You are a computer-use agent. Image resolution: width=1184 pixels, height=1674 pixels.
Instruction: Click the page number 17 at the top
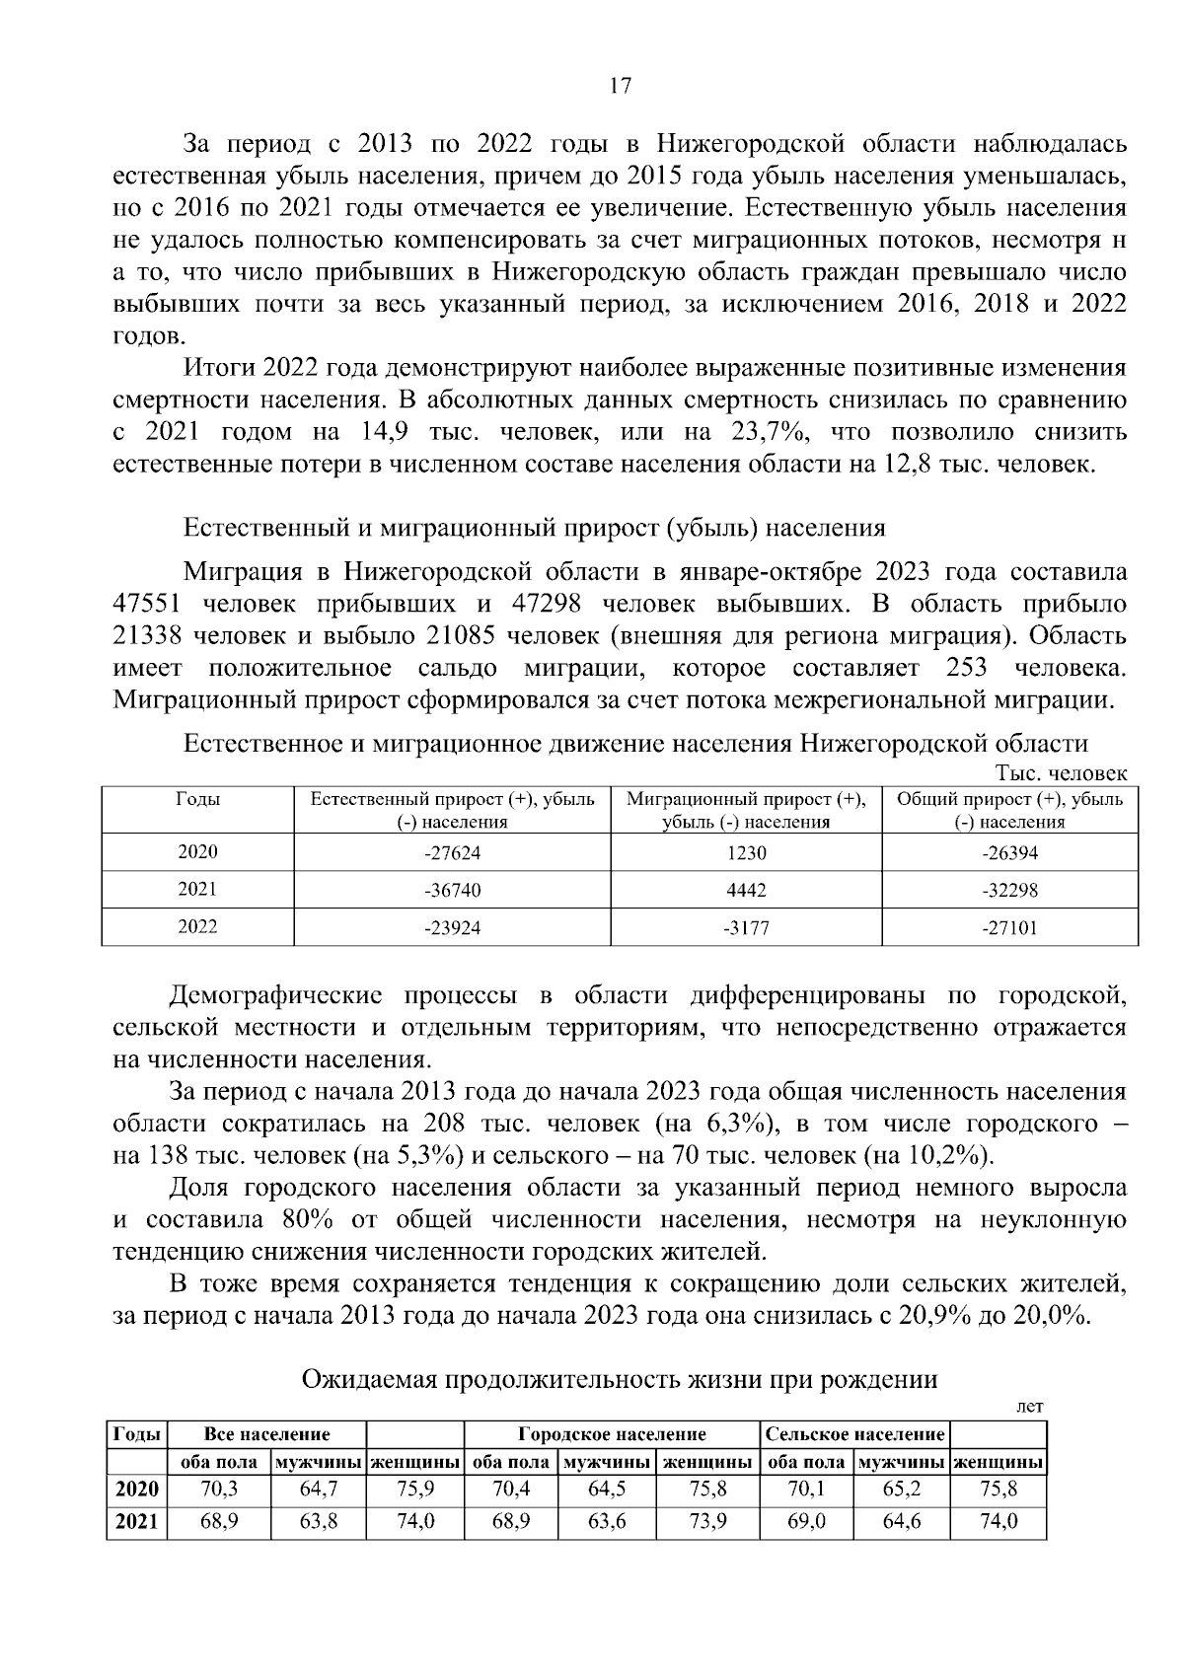tap(620, 86)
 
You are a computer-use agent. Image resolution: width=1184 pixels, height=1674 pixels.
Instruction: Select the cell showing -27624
tap(452, 853)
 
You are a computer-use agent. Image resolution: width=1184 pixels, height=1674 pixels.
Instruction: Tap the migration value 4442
tap(746, 890)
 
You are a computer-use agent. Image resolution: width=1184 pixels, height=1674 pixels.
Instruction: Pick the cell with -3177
tap(745, 927)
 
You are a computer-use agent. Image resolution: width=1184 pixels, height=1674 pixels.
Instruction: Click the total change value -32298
tap(1009, 890)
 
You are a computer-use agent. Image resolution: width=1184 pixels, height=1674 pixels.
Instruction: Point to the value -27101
tap(1009, 927)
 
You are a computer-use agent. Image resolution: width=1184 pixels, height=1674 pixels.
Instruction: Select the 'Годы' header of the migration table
tap(197, 800)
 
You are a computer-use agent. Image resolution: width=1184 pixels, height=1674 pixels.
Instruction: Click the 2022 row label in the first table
tap(197, 926)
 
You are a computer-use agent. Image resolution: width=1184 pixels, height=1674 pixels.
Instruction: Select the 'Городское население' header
tap(612, 1433)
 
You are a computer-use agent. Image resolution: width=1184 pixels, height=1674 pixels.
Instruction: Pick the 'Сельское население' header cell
tap(855, 1433)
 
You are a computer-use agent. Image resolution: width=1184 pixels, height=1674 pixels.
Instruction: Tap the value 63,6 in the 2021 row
tap(607, 1522)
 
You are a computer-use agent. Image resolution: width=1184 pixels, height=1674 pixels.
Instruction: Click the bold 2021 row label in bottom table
tap(136, 1522)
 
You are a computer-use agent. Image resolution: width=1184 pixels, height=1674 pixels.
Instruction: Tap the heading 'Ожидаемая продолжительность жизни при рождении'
tap(619, 1380)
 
